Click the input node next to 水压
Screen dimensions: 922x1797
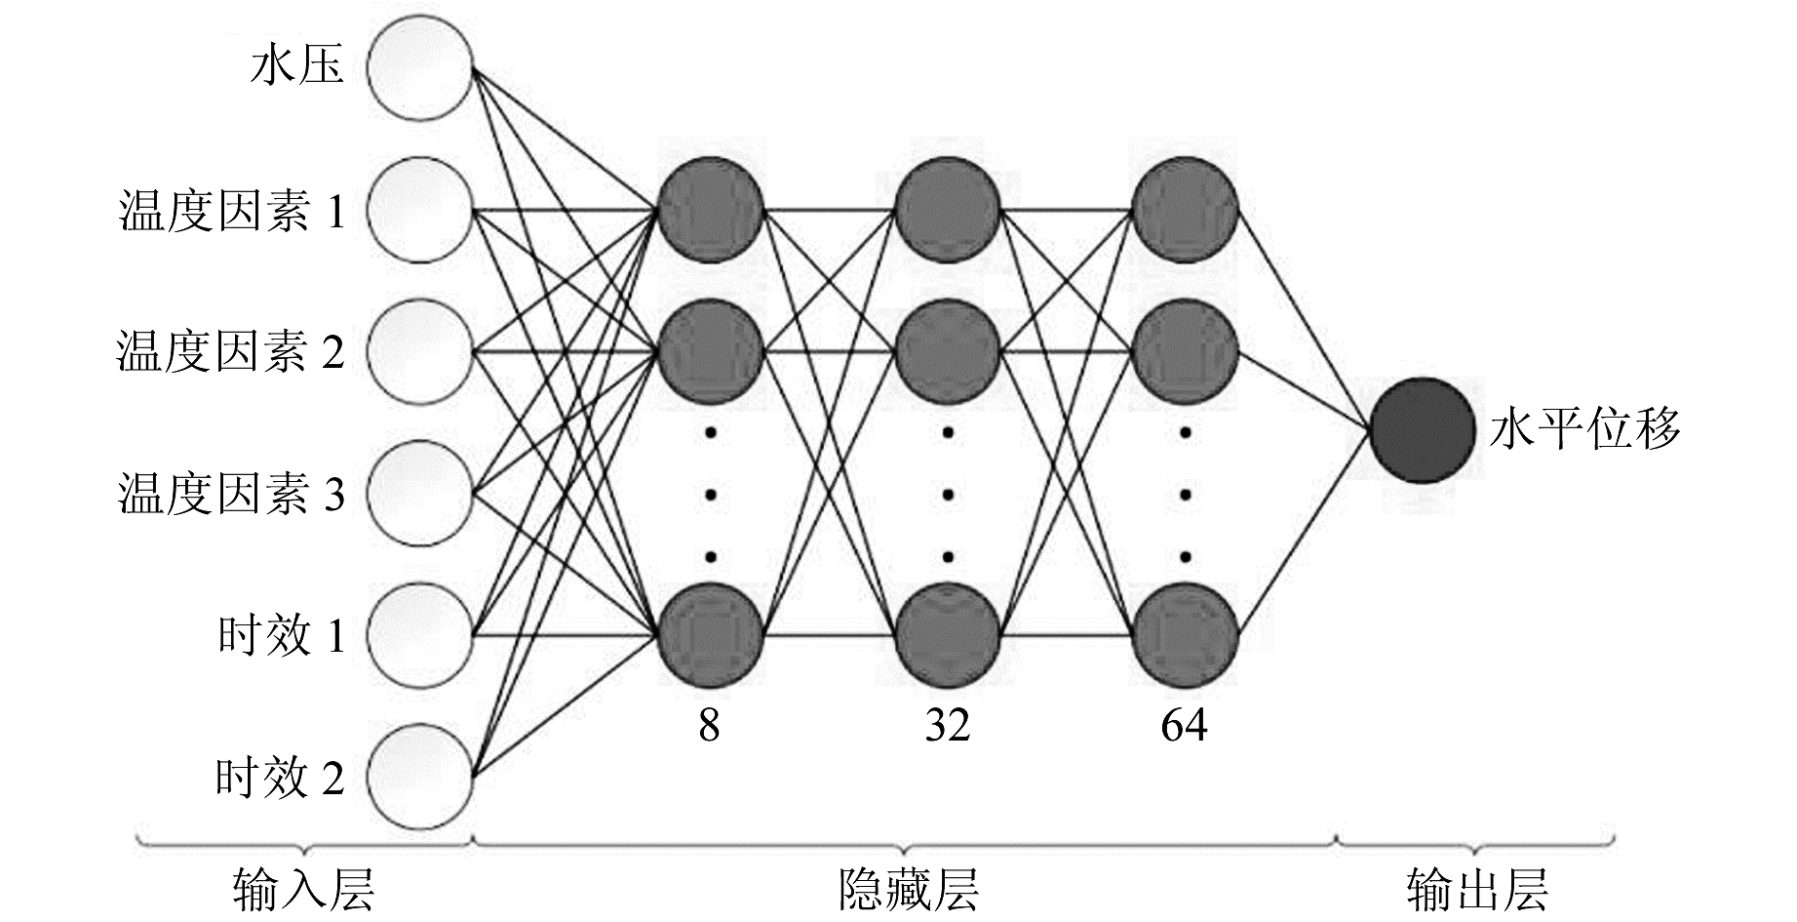coord(419,68)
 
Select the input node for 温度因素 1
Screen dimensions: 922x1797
coord(419,210)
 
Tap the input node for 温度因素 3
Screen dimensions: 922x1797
coord(419,494)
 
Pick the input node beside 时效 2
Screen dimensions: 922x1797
coord(419,777)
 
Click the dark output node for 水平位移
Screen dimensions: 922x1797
coord(1422,430)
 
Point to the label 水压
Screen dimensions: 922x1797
coord(296,68)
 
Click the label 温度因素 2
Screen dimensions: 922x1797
coord(231,352)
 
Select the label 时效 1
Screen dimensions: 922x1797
coord(281,636)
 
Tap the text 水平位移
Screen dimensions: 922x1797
coord(1585,430)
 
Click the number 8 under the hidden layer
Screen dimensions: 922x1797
coord(709,726)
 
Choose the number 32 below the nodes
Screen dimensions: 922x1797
coord(948,726)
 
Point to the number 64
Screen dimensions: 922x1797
coord(1184,726)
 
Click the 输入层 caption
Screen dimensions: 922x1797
coord(303,889)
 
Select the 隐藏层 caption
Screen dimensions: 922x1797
coord(909,889)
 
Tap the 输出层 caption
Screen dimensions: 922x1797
coord(1476,889)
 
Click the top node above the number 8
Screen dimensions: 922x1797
coord(710,210)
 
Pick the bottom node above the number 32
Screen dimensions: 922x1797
coord(948,636)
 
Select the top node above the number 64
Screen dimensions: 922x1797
coord(1186,210)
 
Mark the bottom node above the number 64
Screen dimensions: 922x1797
coord(1186,636)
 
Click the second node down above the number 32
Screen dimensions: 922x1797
coord(948,351)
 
